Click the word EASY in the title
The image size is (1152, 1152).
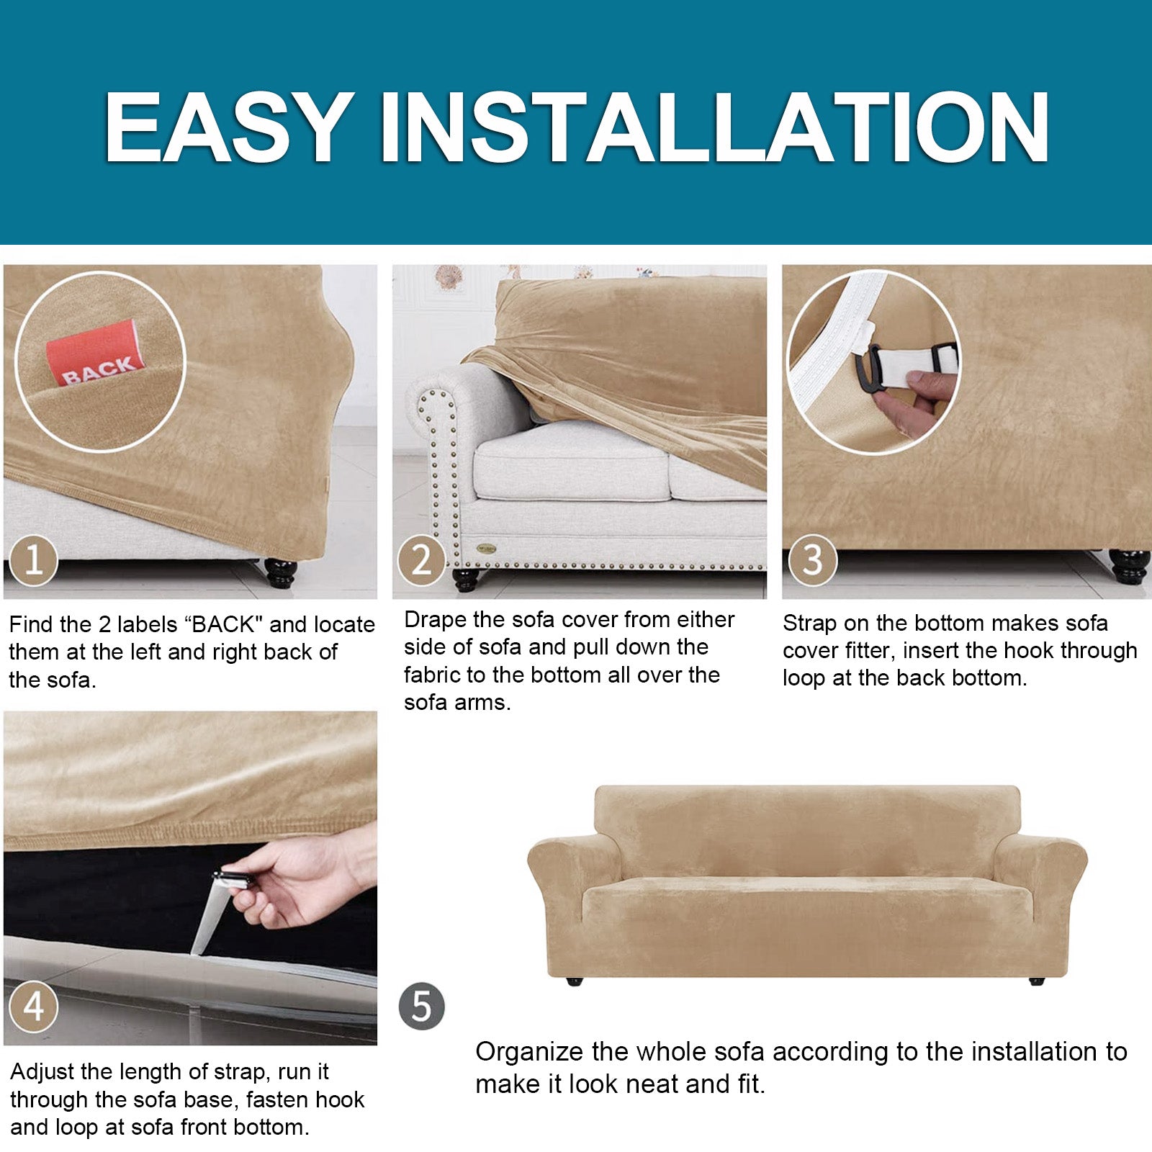click(229, 128)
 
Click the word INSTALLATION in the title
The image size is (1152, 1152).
click(714, 128)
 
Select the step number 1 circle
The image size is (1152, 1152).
click(34, 559)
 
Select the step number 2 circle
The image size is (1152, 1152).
click(421, 559)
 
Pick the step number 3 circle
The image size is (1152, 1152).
click(812, 559)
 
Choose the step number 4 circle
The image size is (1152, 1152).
click(34, 1006)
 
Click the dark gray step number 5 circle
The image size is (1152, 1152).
click(421, 1006)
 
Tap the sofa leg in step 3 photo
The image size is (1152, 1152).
click(1128, 567)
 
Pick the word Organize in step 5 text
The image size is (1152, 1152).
click(529, 1053)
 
